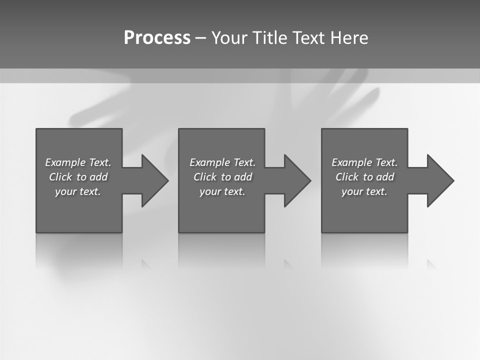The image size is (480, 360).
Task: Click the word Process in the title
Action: (157, 38)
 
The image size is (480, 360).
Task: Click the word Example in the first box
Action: (65, 162)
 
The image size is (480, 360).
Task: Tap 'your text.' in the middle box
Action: (222, 191)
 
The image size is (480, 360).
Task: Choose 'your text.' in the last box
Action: (364, 191)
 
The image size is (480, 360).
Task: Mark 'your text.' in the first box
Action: (77, 191)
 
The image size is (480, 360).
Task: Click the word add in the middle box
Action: (242, 177)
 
